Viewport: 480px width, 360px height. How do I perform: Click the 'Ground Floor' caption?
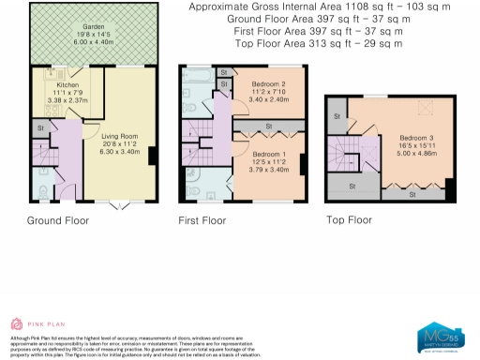[x=58, y=221]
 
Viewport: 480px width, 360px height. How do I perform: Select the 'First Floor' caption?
[x=202, y=221]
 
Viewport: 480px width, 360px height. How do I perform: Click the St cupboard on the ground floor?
[x=41, y=126]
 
